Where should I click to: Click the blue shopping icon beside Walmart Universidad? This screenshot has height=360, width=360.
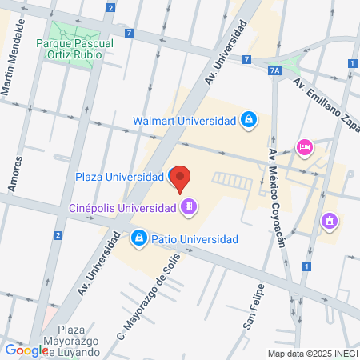[249, 121]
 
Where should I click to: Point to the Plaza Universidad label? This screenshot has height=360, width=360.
[119, 177]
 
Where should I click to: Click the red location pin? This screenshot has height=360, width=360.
[182, 178]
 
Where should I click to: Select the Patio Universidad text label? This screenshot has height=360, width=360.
[195, 239]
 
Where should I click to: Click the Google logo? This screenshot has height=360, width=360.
[26, 350]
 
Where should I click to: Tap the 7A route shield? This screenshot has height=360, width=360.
[275, 70]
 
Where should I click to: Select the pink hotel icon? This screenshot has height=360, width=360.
[304, 147]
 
